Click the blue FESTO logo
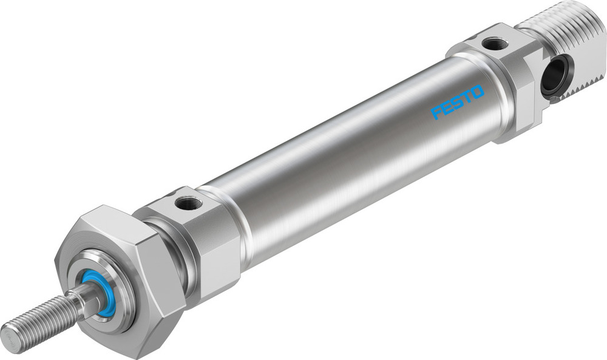point(458,101)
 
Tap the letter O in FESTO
point(477,92)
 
